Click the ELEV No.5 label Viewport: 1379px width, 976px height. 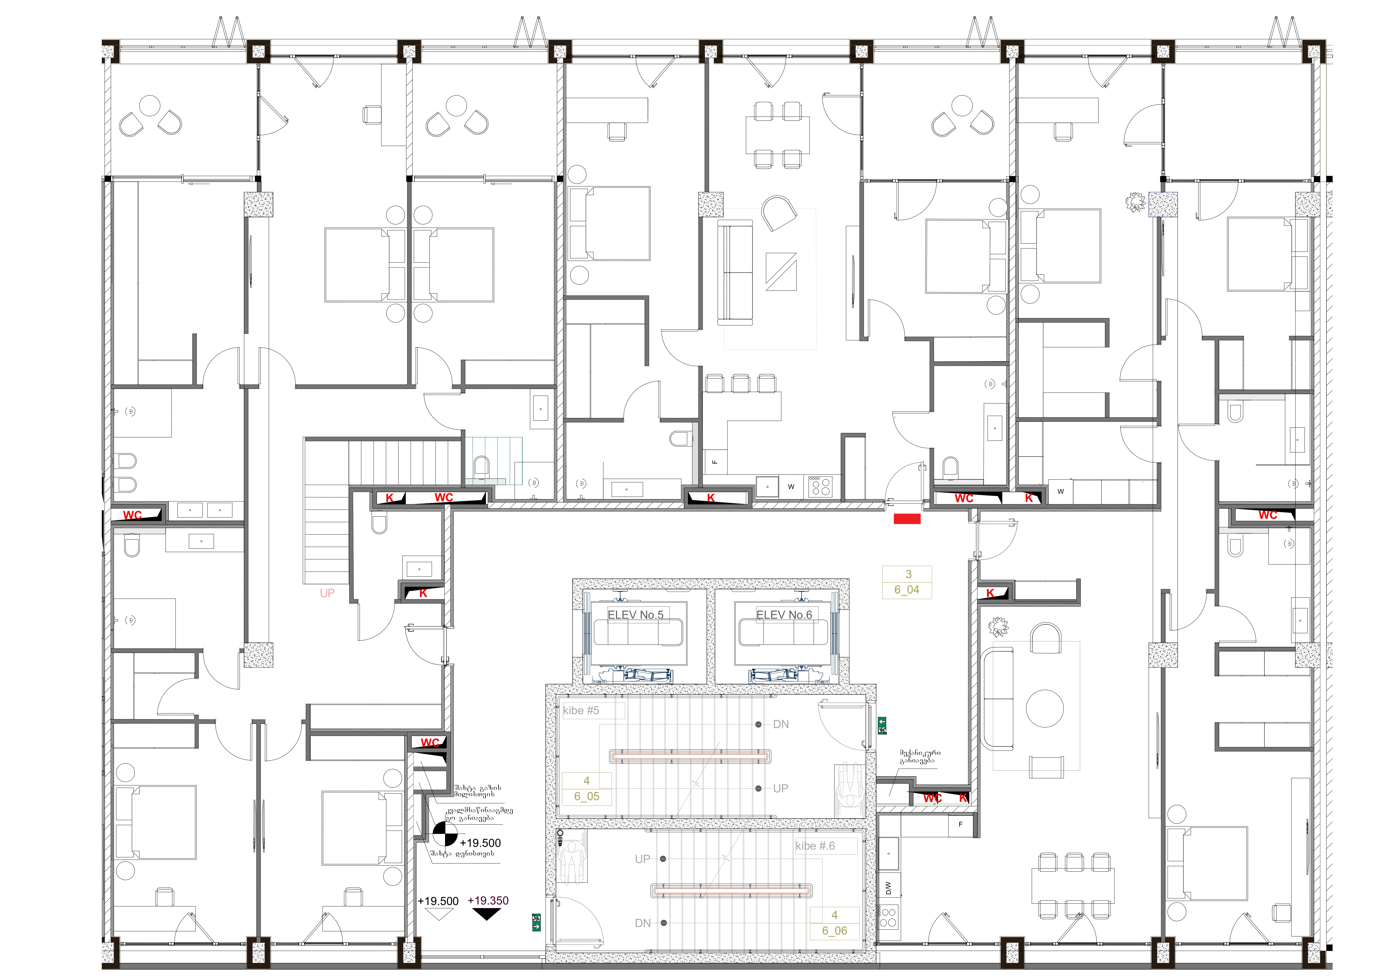click(x=635, y=615)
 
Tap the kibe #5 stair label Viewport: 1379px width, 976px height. click(x=581, y=710)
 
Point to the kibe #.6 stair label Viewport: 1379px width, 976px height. click(x=815, y=846)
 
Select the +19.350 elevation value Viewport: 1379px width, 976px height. click(x=488, y=900)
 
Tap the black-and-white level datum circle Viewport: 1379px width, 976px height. click(x=445, y=834)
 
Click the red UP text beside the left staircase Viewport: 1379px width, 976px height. click(x=327, y=593)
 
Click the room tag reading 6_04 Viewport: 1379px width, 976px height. click(x=907, y=590)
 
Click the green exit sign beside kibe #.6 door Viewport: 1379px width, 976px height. click(x=536, y=922)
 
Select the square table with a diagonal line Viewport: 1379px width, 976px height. click(x=781, y=271)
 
